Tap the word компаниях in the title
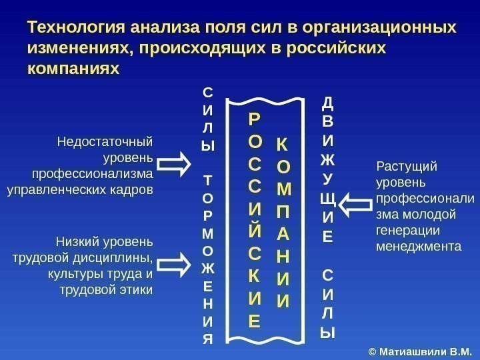tap(73, 68)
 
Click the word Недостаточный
tap(105, 142)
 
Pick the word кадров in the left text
tap(135, 190)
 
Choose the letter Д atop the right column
tap(328, 103)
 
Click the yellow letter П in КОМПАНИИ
tap(283, 213)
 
